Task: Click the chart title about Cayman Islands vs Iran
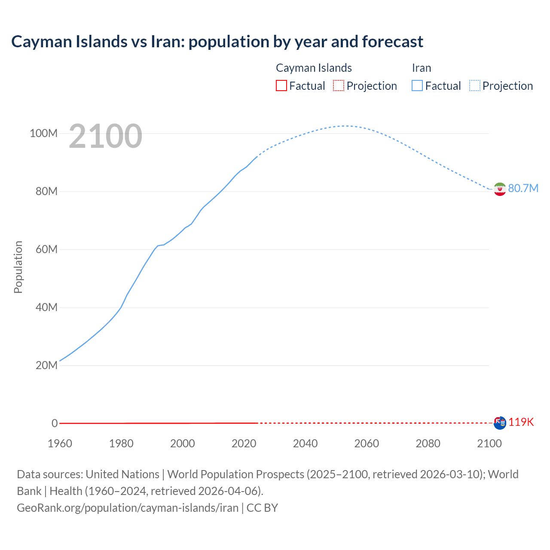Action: [x=217, y=42]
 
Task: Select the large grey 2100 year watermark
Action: [x=105, y=136]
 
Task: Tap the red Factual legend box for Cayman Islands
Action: [x=281, y=86]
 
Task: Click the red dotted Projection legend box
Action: [x=339, y=86]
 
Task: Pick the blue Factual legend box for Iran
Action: [x=417, y=86]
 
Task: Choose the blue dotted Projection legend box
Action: [x=475, y=86]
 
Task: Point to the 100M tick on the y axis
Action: [x=43, y=134]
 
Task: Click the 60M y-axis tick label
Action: [x=46, y=250]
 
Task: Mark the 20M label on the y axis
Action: [x=46, y=366]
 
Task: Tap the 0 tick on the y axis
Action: [x=55, y=424]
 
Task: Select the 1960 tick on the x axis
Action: [x=60, y=443]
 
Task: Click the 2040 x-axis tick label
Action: [x=305, y=443]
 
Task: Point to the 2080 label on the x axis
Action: [x=428, y=443]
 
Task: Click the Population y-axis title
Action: [x=18, y=267]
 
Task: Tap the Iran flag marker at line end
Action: [x=500, y=189]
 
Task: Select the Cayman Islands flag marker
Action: [x=500, y=423]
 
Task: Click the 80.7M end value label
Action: [x=523, y=189]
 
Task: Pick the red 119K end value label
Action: [x=521, y=422]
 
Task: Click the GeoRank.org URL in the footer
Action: [x=128, y=508]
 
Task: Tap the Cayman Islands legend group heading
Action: [x=314, y=68]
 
